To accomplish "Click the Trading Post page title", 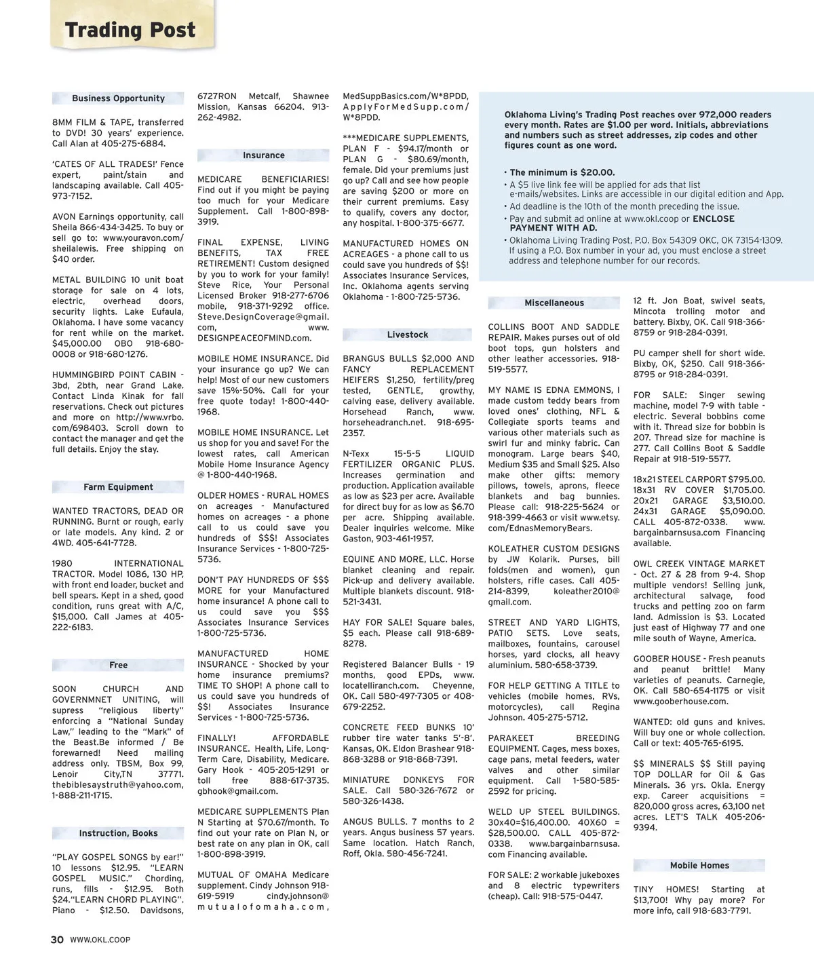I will click(130, 31).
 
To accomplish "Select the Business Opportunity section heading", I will click(118, 98).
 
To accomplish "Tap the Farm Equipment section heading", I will click(118, 487).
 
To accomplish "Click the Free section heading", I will click(118, 666).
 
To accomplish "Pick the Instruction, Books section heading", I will click(118, 833).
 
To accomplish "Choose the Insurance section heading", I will click(264, 155).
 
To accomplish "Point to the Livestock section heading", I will click(408, 335).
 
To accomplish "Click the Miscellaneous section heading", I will click(554, 303).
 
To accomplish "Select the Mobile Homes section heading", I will click(699, 866).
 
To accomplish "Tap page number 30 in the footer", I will click(57, 940).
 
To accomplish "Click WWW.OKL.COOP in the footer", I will click(100, 940).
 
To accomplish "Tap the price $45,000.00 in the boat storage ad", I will click(77, 343).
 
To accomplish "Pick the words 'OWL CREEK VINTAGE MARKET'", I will click(699, 564).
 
